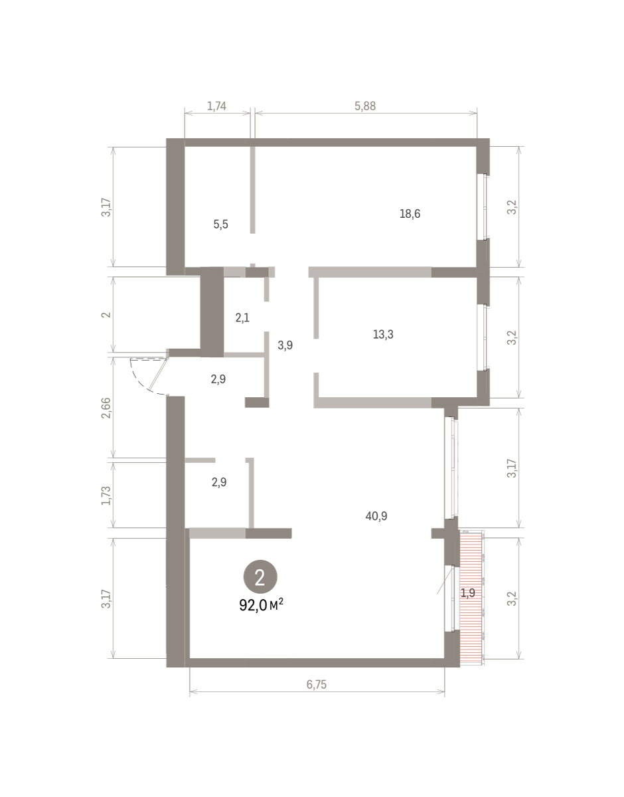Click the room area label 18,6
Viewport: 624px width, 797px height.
[x=410, y=214]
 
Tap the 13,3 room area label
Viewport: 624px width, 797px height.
[x=383, y=335]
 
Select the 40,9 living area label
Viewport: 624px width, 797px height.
[x=376, y=516]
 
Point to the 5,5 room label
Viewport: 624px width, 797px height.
[x=220, y=224]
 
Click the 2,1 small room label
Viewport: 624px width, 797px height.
[x=242, y=317]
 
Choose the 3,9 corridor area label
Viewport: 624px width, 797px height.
[x=285, y=345]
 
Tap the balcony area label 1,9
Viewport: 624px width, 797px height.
[x=468, y=592]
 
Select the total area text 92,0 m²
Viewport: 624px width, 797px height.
[x=262, y=605]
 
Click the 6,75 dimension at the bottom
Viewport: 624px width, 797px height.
[x=316, y=684]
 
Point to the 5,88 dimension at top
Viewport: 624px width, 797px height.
[x=365, y=106]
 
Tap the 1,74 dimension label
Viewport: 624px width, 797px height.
[x=216, y=106]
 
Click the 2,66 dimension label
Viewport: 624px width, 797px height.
[x=106, y=408]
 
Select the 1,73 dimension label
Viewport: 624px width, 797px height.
[x=106, y=495]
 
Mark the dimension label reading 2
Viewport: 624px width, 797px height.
[x=106, y=315]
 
